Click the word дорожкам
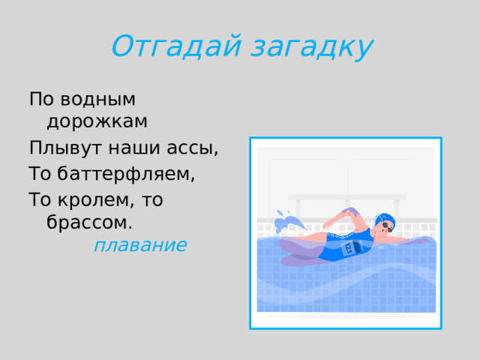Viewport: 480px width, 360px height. click(x=97, y=121)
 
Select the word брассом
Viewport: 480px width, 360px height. click(x=89, y=223)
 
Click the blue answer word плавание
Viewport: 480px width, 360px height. click(x=140, y=245)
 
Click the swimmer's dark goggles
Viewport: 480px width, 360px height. click(x=387, y=225)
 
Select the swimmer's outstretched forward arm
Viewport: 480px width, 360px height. click(x=409, y=240)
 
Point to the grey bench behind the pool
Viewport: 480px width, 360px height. click(x=346, y=197)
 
